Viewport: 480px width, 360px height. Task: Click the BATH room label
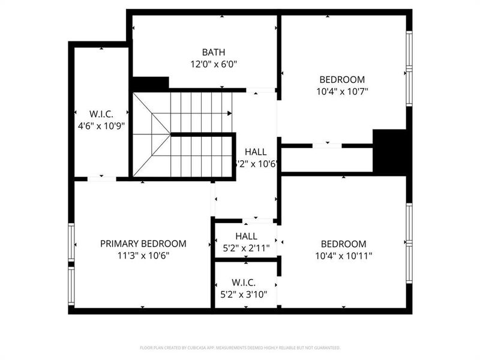(214, 52)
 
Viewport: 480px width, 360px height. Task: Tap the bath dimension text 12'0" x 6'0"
(214, 64)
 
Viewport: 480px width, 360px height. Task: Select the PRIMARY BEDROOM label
(143, 244)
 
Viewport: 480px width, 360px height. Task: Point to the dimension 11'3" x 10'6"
(143, 256)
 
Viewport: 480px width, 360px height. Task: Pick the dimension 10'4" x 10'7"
(342, 92)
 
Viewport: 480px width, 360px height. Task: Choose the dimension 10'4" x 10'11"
(343, 256)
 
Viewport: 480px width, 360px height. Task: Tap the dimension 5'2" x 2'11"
(246, 248)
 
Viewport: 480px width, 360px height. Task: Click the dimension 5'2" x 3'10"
(246, 294)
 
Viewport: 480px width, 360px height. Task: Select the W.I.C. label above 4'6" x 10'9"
(101, 113)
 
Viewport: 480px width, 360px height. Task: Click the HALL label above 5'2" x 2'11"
(246, 236)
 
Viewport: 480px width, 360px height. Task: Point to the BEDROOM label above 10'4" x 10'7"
(342, 80)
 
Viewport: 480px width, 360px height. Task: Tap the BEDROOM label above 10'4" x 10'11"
(343, 244)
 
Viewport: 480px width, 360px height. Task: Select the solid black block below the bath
(150, 84)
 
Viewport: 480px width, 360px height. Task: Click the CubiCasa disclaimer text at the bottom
(240, 347)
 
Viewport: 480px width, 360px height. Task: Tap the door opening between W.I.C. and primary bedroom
(101, 178)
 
